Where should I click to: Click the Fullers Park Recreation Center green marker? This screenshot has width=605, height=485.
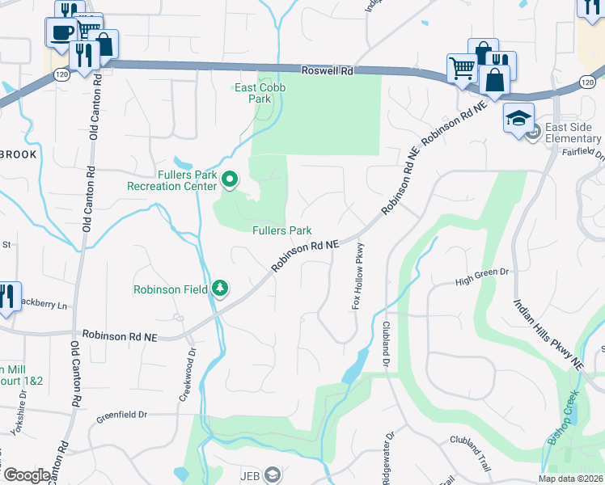[x=230, y=179]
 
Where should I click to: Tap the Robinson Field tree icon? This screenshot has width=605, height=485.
[x=219, y=289]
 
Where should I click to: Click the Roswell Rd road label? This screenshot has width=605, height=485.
[x=328, y=71]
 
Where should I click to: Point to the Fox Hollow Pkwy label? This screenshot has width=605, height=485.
[x=357, y=275]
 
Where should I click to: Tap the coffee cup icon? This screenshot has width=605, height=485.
[x=62, y=32]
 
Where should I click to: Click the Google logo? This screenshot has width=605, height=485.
[x=26, y=474]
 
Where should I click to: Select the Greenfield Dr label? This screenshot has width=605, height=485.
[x=122, y=415]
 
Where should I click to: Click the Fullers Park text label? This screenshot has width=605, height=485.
[x=281, y=230]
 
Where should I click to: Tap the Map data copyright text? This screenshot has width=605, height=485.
[x=570, y=479]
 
